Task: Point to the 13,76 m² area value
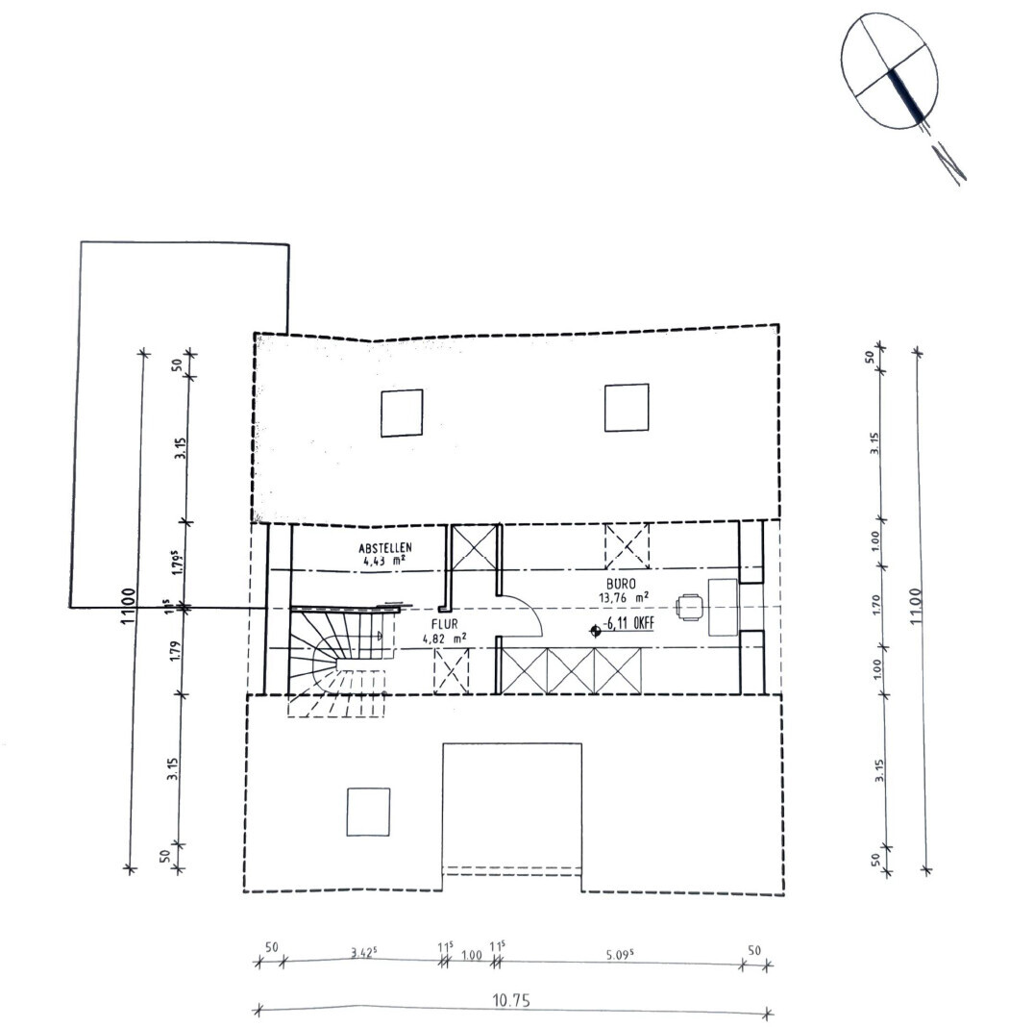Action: click(x=623, y=596)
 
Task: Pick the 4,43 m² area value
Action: click(x=383, y=559)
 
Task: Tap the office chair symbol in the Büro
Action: click(x=690, y=607)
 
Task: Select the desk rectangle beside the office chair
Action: click(x=723, y=607)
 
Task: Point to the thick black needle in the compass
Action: click(x=908, y=96)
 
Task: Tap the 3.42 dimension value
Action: click(x=362, y=954)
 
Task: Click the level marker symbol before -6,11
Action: click(x=596, y=629)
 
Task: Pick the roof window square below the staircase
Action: click(x=368, y=812)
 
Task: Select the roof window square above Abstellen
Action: click(x=402, y=413)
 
